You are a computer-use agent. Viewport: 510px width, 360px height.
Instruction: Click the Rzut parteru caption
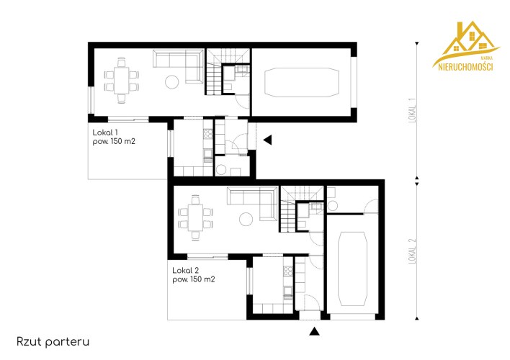(x=53, y=342)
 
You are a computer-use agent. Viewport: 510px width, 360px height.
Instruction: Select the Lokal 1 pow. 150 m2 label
(x=114, y=137)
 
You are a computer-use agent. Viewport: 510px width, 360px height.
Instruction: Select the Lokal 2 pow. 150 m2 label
(x=194, y=275)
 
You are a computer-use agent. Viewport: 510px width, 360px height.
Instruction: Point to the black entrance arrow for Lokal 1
(x=267, y=140)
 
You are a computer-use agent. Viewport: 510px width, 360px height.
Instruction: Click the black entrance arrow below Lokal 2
(x=314, y=331)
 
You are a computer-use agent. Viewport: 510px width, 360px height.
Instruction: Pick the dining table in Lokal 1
(x=121, y=81)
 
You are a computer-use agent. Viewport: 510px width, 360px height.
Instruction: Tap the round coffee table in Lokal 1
(x=171, y=82)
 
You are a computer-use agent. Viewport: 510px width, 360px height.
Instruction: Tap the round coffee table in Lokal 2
(x=246, y=219)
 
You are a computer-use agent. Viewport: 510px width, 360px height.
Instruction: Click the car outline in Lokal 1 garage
(x=302, y=82)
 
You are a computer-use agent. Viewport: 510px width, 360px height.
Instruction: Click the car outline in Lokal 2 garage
(x=352, y=269)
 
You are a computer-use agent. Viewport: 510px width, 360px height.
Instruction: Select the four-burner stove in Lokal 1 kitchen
(x=208, y=134)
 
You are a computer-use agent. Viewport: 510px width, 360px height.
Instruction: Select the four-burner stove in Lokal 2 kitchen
(x=288, y=271)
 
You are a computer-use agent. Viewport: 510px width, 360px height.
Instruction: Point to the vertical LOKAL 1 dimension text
(x=412, y=114)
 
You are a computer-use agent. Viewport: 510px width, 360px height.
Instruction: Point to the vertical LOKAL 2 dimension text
(x=412, y=251)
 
